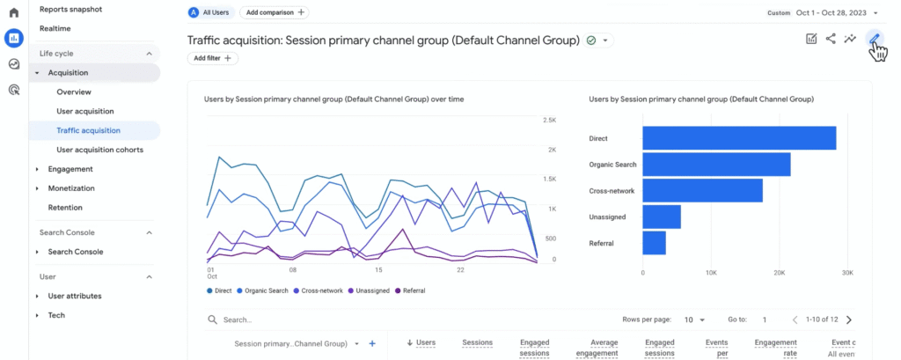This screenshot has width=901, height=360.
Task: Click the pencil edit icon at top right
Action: click(x=874, y=39)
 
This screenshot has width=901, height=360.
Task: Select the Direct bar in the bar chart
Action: click(x=739, y=138)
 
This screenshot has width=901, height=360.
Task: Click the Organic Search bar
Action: click(x=716, y=165)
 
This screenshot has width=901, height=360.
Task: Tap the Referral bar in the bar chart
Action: click(x=654, y=243)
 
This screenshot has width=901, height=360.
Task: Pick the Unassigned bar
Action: click(x=662, y=217)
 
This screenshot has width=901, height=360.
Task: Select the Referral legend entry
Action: click(x=410, y=291)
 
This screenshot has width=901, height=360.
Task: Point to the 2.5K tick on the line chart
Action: click(x=549, y=121)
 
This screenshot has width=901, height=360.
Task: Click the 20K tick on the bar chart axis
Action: click(x=780, y=273)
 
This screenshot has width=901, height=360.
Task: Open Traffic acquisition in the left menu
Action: click(x=89, y=130)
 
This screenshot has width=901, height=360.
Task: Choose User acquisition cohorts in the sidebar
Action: click(x=100, y=150)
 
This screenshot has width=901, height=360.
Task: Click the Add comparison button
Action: click(x=275, y=12)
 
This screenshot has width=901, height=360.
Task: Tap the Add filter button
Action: click(x=213, y=58)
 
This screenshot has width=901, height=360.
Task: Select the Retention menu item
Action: click(x=65, y=208)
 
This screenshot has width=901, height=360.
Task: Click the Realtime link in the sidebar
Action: click(x=55, y=28)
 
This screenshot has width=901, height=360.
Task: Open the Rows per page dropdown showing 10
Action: click(x=694, y=320)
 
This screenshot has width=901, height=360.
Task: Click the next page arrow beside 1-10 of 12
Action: click(x=849, y=320)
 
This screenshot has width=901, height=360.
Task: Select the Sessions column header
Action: click(x=478, y=342)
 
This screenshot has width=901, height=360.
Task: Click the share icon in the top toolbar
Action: click(x=831, y=39)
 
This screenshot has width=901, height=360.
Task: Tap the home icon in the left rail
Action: click(x=14, y=12)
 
